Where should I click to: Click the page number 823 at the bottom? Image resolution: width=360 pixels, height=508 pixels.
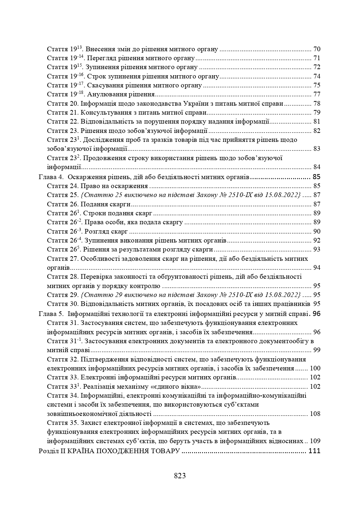pos(180,476)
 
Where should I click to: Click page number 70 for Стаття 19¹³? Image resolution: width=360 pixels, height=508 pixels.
pos(317,49)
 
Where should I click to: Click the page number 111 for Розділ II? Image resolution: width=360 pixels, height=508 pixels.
pos(314,451)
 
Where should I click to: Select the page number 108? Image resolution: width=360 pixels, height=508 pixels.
pos(315,414)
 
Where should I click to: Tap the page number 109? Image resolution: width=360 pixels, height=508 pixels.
pos(315,441)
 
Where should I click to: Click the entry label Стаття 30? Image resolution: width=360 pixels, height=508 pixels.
pos(63,304)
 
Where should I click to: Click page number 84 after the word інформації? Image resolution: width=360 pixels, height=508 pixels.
pos(317,167)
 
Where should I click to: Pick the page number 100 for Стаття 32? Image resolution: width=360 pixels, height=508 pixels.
pos(315,368)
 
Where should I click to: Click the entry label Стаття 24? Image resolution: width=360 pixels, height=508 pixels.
pos(63,186)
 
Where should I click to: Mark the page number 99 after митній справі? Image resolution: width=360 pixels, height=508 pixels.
pos(317,350)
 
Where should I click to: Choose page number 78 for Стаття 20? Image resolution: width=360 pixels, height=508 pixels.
pos(317,104)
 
